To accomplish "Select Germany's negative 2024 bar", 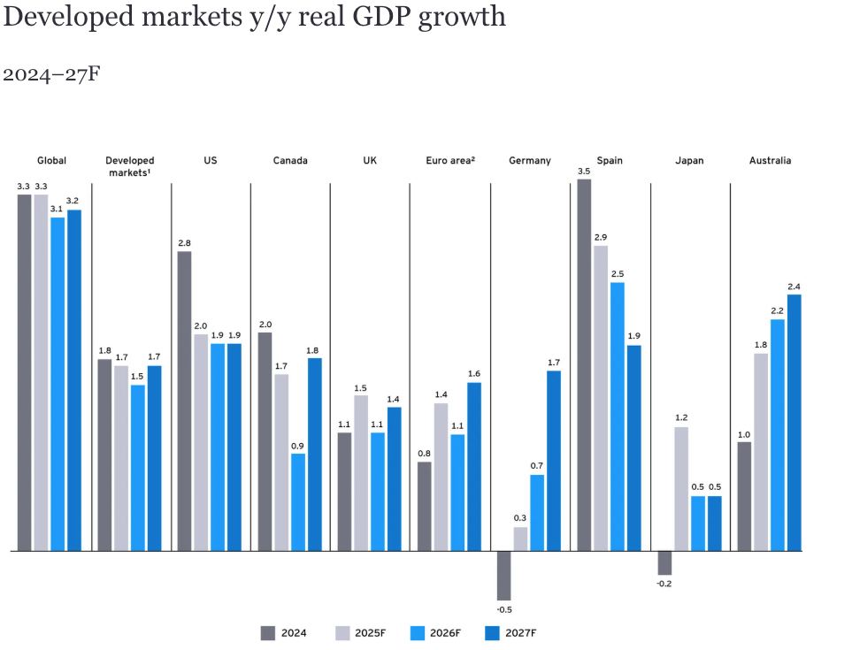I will (504, 575).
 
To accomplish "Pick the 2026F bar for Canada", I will (298, 501).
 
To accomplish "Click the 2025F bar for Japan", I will (681, 488).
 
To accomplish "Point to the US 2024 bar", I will (184, 401).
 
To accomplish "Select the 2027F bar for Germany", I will (554, 460).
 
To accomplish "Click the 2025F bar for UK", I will (361, 472).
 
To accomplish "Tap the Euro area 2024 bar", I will (425, 506).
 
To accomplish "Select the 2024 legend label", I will (296, 632).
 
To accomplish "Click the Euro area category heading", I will (450, 161).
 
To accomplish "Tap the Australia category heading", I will (770, 161).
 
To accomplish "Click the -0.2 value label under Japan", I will (664, 584).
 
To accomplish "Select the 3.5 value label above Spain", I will (584, 172).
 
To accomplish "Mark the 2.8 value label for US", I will (184, 243).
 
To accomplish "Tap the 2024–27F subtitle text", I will (51, 74).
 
